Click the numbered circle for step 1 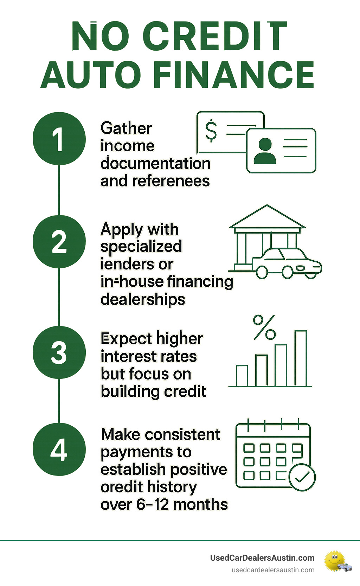(x=59, y=139)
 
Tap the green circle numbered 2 (x=59, y=242)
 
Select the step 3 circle (x=59, y=352)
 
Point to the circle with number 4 (x=59, y=449)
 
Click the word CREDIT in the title (x=215, y=37)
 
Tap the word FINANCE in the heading (x=233, y=75)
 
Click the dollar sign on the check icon (x=211, y=130)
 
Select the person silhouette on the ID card (x=265, y=151)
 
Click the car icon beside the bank (x=287, y=264)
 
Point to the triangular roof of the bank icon (x=267, y=217)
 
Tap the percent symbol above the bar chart (x=264, y=327)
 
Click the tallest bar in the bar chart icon (x=301, y=358)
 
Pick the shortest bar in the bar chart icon (x=242, y=376)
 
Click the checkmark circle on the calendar (x=302, y=477)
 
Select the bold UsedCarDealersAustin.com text (x=262, y=558)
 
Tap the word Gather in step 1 (x=126, y=128)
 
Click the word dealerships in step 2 (x=143, y=299)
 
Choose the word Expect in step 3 (x=126, y=339)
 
